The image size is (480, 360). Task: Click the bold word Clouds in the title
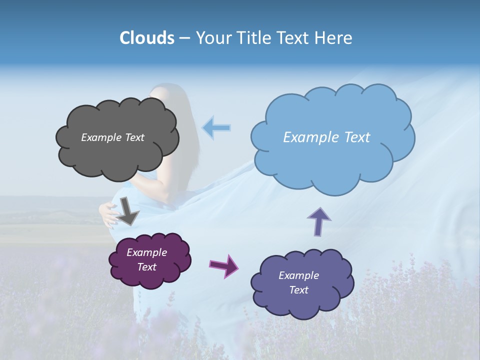pyautogui.click(x=147, y=38)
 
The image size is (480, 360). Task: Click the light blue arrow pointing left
pyautogui.click(x=216, y=128)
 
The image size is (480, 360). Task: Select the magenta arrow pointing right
pyautogui.click(x=224, y=265)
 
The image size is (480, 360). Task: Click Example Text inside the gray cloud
pyautogui.click(x=112, y=137)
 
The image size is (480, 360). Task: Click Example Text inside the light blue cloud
pyautogui.click(x=326, y=137)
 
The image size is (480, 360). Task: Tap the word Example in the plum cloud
pyautogui.click(x=146, y=252)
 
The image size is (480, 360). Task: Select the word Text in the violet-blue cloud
pyautogui.click(x=298, y=290)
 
